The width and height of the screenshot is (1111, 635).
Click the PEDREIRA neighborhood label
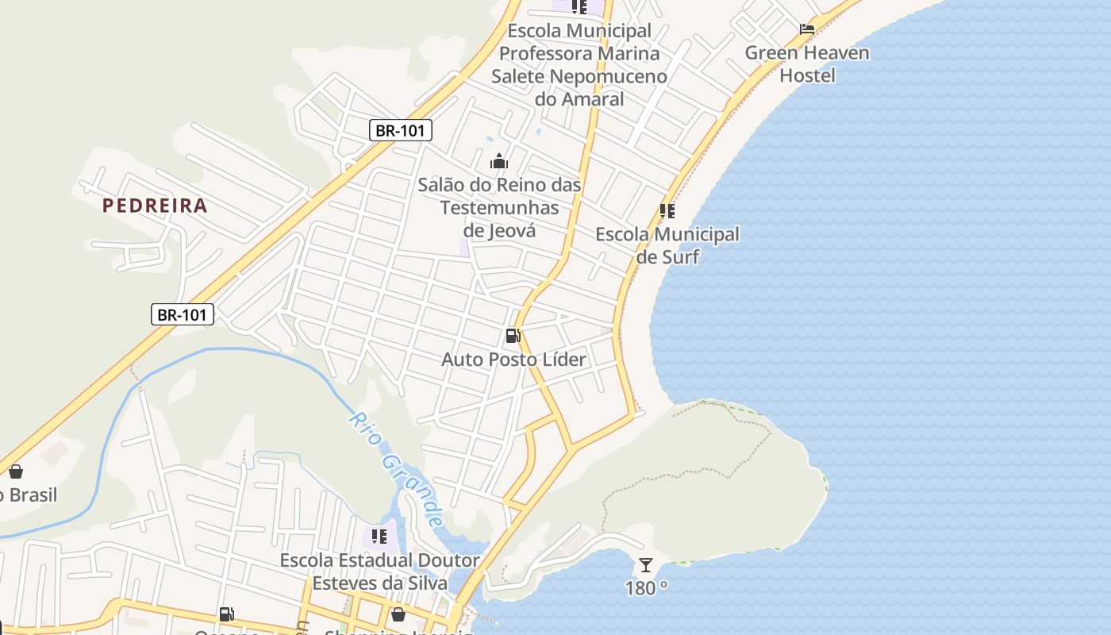(x=155, y=206)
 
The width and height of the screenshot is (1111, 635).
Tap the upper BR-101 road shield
(x=401, y=130)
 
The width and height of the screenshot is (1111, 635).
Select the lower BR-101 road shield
(x=182, y=314)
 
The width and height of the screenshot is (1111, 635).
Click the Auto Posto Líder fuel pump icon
(x=513, y=336)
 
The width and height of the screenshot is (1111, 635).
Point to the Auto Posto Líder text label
(x=513, y=360)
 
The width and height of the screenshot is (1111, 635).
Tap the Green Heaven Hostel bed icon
(x=807, y=29)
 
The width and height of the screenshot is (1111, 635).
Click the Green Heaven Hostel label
(x=807, y=64)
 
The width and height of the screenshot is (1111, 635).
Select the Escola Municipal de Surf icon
(x=667, y=211)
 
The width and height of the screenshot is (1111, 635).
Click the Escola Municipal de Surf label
(x=667, y=245)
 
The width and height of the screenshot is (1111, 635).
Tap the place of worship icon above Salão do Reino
(x=498, y=162)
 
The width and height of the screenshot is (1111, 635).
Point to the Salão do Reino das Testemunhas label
(x=500, y=207)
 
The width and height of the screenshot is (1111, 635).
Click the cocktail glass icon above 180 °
(x=646, y=565)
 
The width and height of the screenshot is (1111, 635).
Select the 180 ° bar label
(x=646, y=588)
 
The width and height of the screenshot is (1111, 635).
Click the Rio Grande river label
(x=395, y=468)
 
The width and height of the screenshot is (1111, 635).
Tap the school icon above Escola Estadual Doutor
(x=379, y=537)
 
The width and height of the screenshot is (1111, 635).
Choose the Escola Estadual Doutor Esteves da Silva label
(x=379, y=571)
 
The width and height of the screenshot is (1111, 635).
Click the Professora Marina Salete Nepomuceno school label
(x=579, y=65)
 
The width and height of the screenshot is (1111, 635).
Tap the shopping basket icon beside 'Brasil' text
(x=16, y=471)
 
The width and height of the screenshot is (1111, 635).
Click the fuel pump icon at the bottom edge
(x=226, y=614)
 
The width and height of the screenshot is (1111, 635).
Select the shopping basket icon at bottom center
(x=398, y=614)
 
